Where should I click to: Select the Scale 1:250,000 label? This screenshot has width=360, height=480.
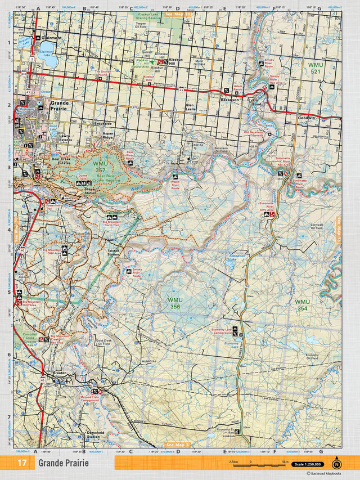[309, 464]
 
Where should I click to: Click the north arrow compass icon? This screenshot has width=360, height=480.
[336, 463]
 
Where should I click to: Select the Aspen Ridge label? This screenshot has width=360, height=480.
[107, 137]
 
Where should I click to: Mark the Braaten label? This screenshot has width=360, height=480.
[60, 373]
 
